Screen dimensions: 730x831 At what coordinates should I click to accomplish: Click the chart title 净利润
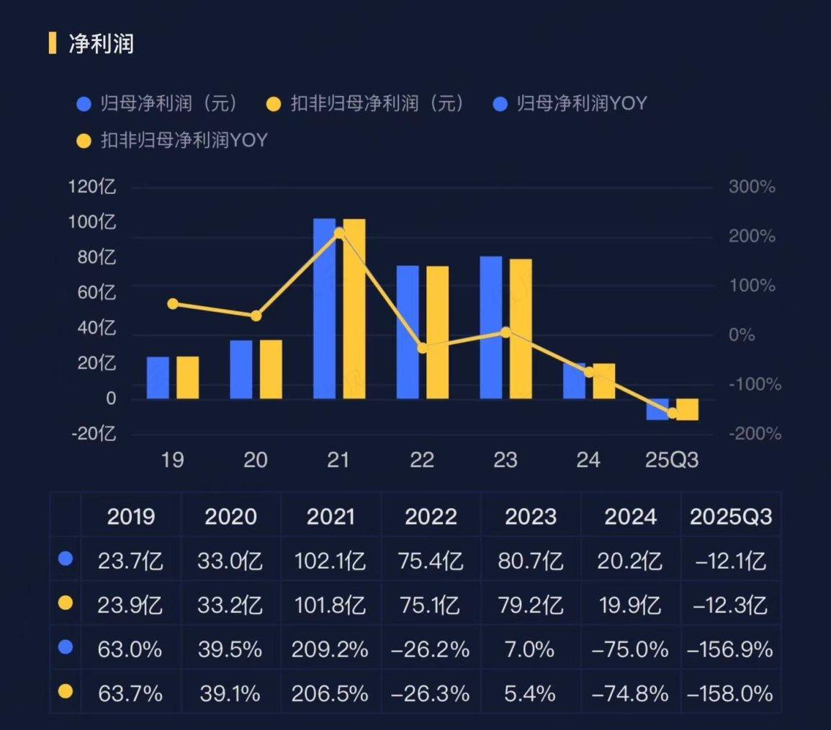pyautogui.click(x=101, y=44)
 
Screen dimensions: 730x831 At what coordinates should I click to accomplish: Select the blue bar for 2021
pyautogui.click(x=324, y=308)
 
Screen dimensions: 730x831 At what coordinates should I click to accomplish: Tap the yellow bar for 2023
pyautogui.click(x=521, y=329)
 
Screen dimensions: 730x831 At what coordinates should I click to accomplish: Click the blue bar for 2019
pyautogui.click(x=158, y=378)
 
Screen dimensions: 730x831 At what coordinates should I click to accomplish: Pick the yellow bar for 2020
pyautogui.click(x=271, y=369)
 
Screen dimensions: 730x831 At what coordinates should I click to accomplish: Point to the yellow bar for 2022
pyautogui.click(x=437, y=332)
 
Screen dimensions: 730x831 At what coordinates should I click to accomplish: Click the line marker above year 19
pyautogui.click(x=173, y=304)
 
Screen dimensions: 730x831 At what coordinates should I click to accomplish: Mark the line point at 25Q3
pyautogui.click(x=673, y=413)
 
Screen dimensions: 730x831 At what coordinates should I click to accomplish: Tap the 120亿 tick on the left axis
pyautogui.click(x=92, y=187)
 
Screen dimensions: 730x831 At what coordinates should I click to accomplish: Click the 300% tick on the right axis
pyautogui.click(x=752, y=187)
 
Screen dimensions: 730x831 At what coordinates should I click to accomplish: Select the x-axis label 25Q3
pyautogui.click(x=672, y=460)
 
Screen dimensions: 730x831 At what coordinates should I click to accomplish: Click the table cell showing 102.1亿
pyautogui.click(x=331, y=560)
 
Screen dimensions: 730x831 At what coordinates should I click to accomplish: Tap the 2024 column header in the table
pyautogui.click(x=630, y=517)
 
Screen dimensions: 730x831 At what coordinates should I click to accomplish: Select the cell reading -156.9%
pyautogui.click(x=730, y=650)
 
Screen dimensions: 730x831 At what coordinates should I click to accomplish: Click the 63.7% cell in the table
pyautogui.click(x=130, y=694)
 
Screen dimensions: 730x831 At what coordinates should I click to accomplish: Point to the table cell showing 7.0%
pyautogui.click(x=530, y=650)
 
